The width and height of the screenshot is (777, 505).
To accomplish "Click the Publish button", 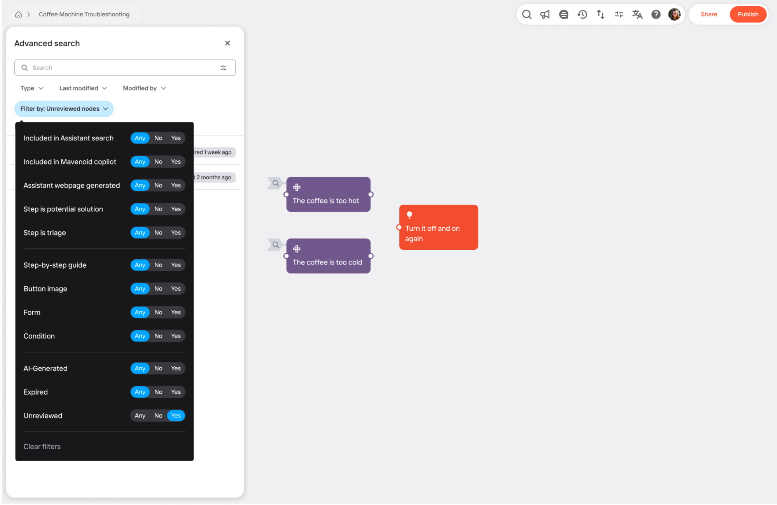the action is (x=747, y=14).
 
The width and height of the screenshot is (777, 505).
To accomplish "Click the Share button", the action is (x=709, y=14).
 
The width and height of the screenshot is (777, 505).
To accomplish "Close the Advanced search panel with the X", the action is (x=227, y=43).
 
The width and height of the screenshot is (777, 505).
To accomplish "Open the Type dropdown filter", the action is (x=32, y=88).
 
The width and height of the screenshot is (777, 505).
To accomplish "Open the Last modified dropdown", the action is (x=83, y=88).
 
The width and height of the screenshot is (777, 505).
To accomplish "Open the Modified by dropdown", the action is (x=144, y=88).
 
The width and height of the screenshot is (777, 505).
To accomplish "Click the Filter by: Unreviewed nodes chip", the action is (x=64, y=109).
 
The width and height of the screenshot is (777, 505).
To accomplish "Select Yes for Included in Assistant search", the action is (x=176, y=138).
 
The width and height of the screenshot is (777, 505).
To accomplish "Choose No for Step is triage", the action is (x=158, y=233).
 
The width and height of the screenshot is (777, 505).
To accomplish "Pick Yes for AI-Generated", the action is (x=176, y=368).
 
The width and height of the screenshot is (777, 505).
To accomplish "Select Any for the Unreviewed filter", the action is (x=140, y=416).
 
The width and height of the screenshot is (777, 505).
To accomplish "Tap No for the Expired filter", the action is (x=158, y=392).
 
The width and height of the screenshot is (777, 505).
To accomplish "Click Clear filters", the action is (x=42, y=447).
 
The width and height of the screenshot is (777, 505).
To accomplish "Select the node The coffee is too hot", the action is (x=328, y=195).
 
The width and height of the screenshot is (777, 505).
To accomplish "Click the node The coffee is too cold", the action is (x=328, y=256).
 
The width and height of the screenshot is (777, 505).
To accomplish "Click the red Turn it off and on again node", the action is (x=438, y=227).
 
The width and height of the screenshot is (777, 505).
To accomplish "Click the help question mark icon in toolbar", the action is (x=656, y=14).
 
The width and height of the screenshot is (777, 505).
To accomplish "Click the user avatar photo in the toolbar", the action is (x=674, y=14).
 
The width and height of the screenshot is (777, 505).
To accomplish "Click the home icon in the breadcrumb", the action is (x=18, y=14).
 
